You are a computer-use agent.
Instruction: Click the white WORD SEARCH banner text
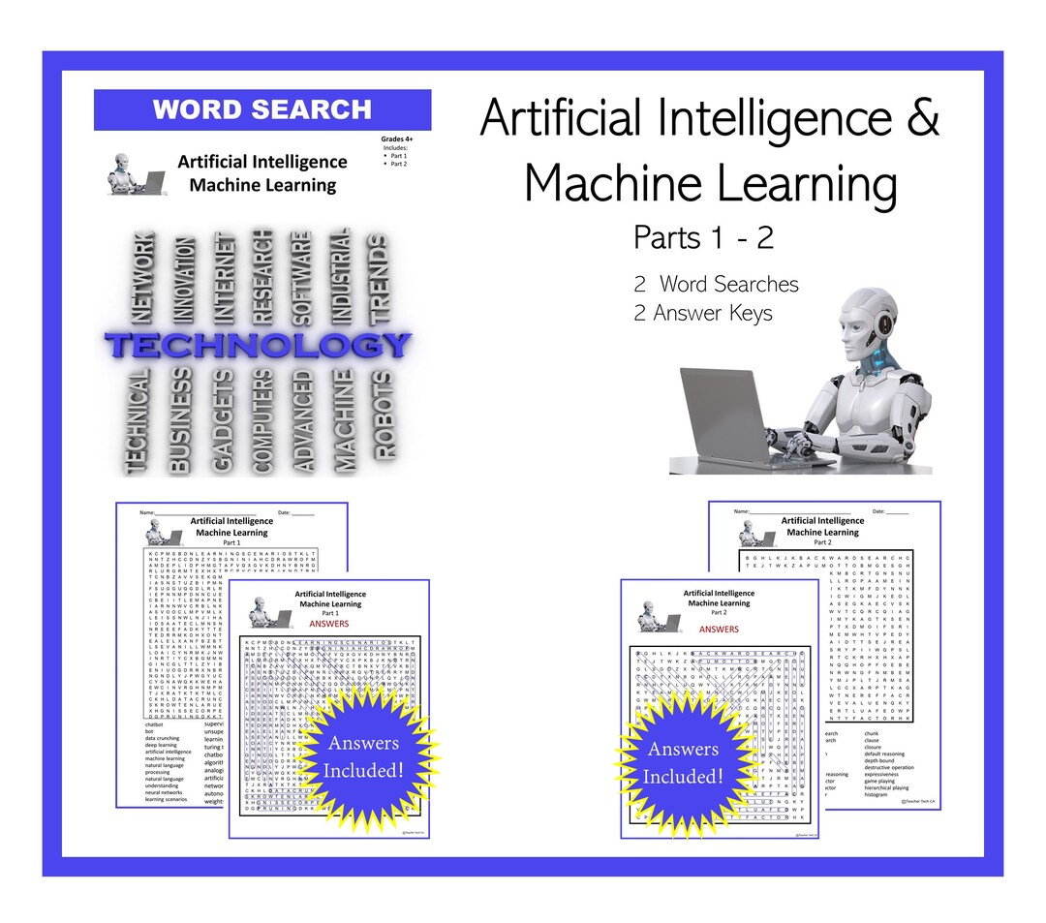coord(261,110)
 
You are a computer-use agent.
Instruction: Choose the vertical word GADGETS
coord(223,420)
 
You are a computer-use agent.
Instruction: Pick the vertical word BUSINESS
coord(179,420)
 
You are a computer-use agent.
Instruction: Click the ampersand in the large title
coord(923,119)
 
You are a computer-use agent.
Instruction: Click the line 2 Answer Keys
coord(703,313)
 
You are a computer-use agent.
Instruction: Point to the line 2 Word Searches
coord(716,285)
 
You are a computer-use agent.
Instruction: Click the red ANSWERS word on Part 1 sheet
coord(329,625)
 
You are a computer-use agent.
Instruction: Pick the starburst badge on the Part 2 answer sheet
coord(683,762)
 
